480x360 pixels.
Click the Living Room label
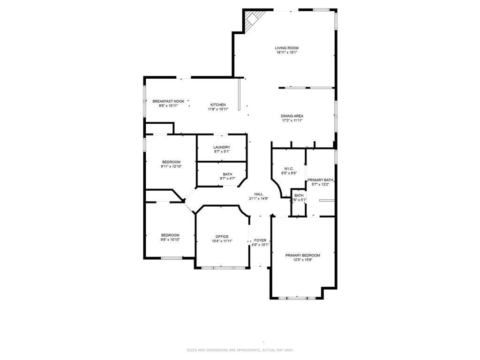coord(286,48)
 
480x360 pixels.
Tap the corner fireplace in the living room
coord(252,20)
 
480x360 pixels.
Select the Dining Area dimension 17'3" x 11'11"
coord(292,120)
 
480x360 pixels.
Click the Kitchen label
coord(218,105)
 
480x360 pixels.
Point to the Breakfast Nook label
coord(168,101)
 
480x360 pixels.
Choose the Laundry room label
coord(222,147)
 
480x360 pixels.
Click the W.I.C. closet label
coord(289,168)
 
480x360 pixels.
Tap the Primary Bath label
coord(320,180)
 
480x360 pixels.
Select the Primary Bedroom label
coord(303,255)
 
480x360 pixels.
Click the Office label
coord(222,236)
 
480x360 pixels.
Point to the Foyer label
coord(260,240)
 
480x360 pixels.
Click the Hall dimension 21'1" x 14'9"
coord(258,199)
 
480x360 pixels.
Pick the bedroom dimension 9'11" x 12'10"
coord(171,166)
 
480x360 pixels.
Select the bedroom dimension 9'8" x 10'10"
coord(170,240)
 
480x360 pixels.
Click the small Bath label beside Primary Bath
coord(299,195)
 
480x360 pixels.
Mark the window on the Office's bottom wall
coord(223,268)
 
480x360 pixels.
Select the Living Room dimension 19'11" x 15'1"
coord(286,52)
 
